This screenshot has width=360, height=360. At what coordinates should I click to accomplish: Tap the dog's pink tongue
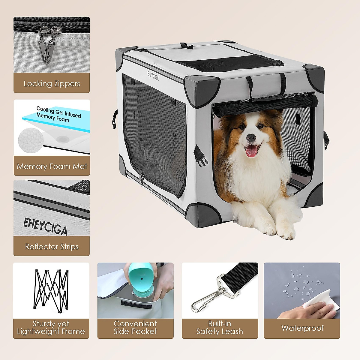251,151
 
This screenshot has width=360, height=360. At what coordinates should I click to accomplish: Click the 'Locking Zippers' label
52,83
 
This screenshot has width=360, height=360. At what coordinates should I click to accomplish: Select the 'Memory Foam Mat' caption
52,166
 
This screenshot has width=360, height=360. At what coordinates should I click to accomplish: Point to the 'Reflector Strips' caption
52,247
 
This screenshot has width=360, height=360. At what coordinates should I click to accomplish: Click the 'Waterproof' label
302,328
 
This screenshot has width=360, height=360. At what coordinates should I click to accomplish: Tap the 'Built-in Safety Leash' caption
220,328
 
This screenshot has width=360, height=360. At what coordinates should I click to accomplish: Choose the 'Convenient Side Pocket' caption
135,328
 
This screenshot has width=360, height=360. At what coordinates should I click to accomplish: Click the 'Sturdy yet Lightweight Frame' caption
51,328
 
